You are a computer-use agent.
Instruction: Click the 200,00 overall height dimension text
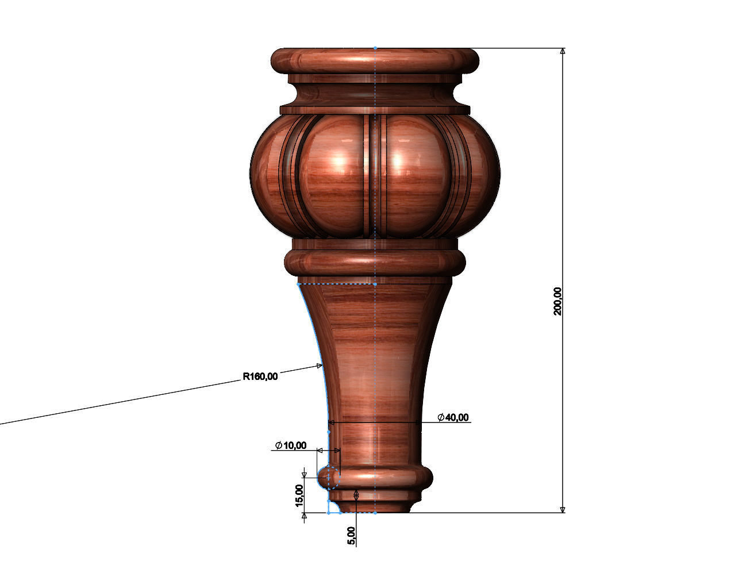point(557,301)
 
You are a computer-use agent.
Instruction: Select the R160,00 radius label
point(260,377)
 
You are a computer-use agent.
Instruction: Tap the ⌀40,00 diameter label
point(453,417)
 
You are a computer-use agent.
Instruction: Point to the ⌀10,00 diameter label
point(291,445)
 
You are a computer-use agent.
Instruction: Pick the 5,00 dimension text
point(351,536)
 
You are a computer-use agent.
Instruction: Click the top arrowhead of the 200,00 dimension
point(563,51)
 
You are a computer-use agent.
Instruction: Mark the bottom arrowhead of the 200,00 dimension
point(563,509)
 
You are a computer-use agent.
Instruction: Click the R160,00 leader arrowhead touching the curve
point(320,366)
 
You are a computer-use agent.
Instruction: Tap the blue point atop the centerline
point(375,48)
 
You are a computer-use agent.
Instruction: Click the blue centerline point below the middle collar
point(375,284)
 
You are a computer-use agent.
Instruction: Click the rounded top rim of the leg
point(375,60)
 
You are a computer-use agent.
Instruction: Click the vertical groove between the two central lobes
point(375,172)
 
